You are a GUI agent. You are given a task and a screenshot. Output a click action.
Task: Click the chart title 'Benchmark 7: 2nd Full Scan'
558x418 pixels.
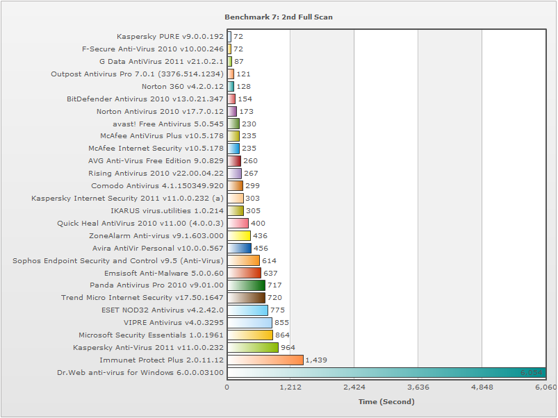click(279, 17)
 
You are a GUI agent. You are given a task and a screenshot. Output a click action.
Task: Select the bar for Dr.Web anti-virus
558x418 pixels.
click(386, 372)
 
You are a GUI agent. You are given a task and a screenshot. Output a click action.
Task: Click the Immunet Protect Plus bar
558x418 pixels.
click(265, 360)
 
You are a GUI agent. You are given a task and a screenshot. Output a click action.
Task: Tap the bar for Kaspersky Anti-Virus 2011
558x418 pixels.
click(253, 347)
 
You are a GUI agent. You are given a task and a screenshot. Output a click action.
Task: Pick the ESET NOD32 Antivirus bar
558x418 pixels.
click(247, 310)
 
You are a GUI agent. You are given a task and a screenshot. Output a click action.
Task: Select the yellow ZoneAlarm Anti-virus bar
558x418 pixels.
click(239, 235)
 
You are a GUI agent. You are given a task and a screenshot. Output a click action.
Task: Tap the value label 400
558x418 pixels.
click(258, 224)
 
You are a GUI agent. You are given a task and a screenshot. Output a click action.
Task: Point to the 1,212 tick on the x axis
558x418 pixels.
click(290, 387)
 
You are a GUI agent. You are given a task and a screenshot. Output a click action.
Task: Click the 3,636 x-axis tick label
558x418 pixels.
click(418, 387)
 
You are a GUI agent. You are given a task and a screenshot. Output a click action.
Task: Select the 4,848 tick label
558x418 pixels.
click(482, 387)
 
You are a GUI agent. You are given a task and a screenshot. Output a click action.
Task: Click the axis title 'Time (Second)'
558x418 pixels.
click(386, 401)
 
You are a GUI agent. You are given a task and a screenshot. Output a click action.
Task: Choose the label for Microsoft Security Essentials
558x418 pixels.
click(151, 335)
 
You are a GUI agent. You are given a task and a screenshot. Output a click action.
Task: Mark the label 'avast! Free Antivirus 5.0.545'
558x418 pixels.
click(163, 124)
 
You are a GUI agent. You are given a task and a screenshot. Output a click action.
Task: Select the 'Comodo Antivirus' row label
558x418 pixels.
click(158, 185)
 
